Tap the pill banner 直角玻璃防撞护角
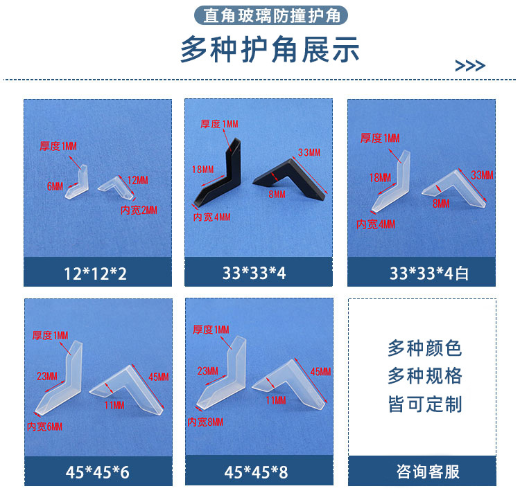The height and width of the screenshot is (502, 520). tap(271, 15)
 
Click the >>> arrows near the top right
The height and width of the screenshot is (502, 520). tap(470, 66)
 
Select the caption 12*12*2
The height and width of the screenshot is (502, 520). tap(97, 273)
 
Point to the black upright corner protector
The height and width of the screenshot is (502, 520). tap(216, 174)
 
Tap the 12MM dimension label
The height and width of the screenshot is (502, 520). tap(138, 180)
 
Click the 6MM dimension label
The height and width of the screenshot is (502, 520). tap(55, 186)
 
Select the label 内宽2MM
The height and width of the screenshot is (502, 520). tap(139, 210)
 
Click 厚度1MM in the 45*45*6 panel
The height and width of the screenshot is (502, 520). tap(50, 336)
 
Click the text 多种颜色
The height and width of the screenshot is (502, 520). tap(424, 348)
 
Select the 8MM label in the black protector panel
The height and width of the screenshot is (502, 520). tap(277, 195)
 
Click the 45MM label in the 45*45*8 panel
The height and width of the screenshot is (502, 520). tap(321, 372)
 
